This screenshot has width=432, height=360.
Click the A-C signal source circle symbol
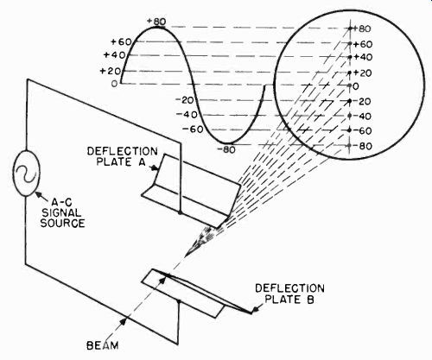27,174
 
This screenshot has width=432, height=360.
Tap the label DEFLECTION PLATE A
123,156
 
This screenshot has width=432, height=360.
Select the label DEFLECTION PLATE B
289,294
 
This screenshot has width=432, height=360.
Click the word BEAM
103,345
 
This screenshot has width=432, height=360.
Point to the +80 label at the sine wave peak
156,22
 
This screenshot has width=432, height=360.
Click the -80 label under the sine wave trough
226,149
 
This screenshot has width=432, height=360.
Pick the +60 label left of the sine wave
121,42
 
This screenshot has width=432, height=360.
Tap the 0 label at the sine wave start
115,84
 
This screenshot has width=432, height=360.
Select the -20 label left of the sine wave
185,100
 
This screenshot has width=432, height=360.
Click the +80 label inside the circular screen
362,28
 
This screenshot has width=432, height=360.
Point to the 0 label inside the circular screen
356,86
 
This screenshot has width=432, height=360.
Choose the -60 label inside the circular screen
362,131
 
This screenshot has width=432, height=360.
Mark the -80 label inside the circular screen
362,146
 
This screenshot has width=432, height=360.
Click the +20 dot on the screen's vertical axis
350,73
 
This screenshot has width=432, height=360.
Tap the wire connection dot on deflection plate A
181,212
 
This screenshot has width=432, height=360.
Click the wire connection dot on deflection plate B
179,301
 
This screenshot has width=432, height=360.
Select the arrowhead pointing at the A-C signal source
38,194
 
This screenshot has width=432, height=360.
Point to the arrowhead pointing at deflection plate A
155,168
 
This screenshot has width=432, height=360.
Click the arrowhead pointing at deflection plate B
253,311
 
